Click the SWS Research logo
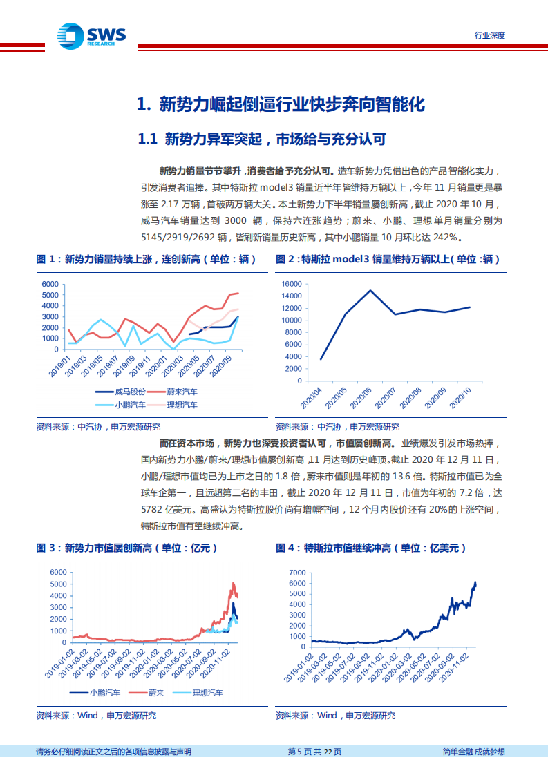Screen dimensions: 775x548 coord(90,35)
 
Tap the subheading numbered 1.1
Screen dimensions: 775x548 coord(261,140)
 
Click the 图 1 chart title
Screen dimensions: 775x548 coord(146,259)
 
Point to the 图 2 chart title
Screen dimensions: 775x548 coord(387,259)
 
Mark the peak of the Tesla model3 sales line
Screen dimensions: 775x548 coord(370,290)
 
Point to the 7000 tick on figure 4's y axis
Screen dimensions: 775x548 coord(296,573)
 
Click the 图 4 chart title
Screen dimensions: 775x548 coord(370,548)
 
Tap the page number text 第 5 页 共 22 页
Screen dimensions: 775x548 coord(314,752)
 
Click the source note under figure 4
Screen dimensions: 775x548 coord(335,716)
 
